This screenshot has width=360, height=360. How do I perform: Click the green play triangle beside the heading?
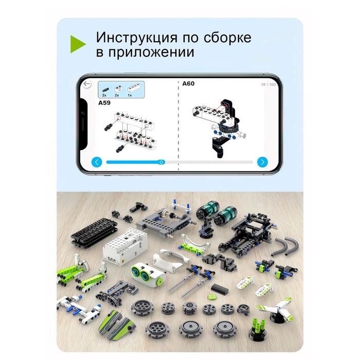click(78, 44)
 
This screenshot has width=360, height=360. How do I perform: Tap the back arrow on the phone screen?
click(87, 84)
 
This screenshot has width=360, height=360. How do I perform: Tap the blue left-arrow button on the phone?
click(97, 163)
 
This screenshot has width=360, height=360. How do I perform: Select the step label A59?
click(104, 103)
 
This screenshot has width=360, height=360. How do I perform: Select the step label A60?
click(189, 83)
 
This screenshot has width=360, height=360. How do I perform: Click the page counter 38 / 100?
click(268, 84)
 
